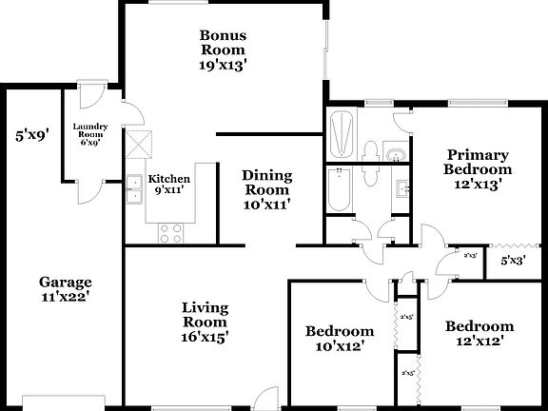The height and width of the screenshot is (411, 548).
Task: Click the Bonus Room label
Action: tap(222, 43)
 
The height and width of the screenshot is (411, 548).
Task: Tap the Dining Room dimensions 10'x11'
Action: tap(266, 203)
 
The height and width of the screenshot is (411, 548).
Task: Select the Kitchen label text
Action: tap(169, 179)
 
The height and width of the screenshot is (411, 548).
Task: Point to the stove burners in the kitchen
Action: tap(170, 230)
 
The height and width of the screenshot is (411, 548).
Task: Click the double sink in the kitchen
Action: tap(133, 190)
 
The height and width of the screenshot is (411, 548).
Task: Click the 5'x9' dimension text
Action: tap(31, 135)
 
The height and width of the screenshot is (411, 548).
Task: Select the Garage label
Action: tap(65, 282)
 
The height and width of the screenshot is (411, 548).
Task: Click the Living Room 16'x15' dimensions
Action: tap(205, 336)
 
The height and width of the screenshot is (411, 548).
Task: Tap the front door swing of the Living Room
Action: tap(267, 398)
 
